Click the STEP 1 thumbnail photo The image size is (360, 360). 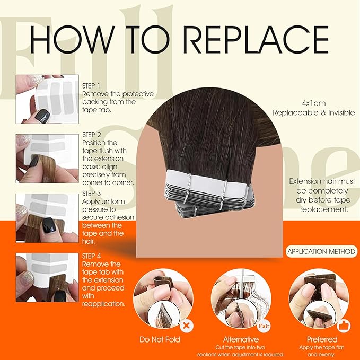click(47, 99)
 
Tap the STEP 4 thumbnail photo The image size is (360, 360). click(47, 277)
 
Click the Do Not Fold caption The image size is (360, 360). click(160, 339)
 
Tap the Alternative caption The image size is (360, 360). click(241, 339)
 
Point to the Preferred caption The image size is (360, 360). click(321, 339)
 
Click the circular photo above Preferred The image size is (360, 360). click(318, 294)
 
